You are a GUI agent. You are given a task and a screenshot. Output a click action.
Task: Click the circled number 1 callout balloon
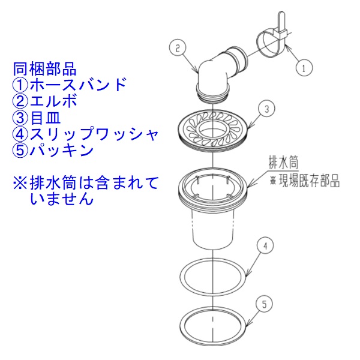point(304,68)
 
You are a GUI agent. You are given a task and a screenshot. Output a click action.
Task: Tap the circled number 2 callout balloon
point(177,49)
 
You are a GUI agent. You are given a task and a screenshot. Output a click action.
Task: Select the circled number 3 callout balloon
point(266,109)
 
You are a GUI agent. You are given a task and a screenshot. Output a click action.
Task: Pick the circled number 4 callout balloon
point(265,246)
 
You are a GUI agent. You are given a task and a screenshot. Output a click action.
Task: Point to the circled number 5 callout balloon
point(265,304)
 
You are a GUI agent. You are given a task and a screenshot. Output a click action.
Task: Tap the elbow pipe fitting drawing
point(220,73)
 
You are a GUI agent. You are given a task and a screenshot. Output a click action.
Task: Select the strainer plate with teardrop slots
point(213,131)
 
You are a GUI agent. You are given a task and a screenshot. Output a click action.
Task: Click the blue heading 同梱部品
point(44,69)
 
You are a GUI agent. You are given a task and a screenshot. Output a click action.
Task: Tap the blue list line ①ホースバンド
point(70,85)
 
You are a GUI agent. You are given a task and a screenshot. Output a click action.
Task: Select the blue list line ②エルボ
point(44,101)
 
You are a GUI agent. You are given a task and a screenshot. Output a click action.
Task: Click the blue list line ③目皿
point(36,118)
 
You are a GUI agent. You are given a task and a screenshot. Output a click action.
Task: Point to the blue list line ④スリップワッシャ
point(85,134)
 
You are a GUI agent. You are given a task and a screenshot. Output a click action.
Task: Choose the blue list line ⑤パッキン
point(53,151)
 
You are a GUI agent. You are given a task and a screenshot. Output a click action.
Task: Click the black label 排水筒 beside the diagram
point(283,163)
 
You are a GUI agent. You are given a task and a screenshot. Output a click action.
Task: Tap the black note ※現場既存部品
point(304,182)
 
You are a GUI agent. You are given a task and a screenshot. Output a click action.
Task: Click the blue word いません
point(62,199)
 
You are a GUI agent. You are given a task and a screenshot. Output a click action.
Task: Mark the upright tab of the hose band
point(281,22)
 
